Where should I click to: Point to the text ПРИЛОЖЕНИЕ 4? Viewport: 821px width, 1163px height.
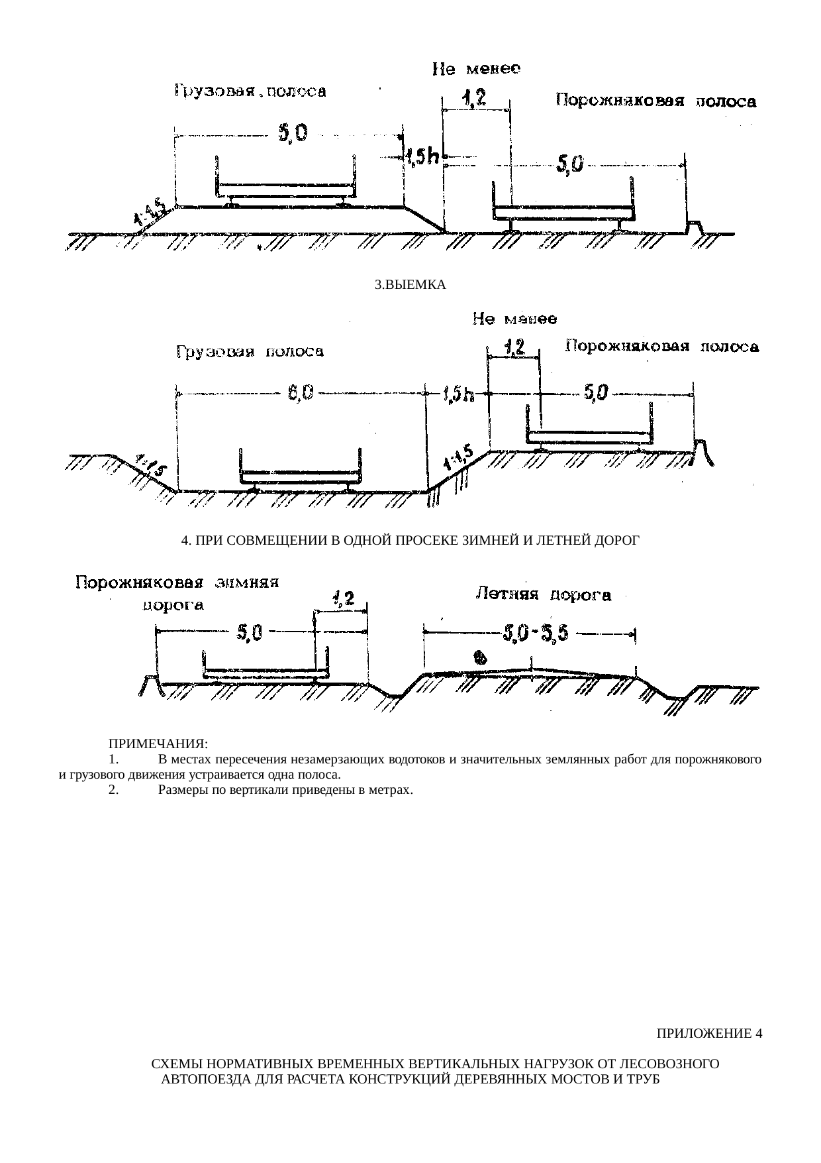(709, 1033)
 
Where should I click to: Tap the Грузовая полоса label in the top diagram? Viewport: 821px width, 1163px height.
(250, 91)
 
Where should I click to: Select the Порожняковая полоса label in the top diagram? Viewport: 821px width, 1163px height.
(655, 101)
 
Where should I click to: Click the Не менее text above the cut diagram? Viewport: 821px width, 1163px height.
(514, 319)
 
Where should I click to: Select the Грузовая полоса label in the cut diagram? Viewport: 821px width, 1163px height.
(250, 352)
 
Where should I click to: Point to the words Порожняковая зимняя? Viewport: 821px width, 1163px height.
(178, 583)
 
